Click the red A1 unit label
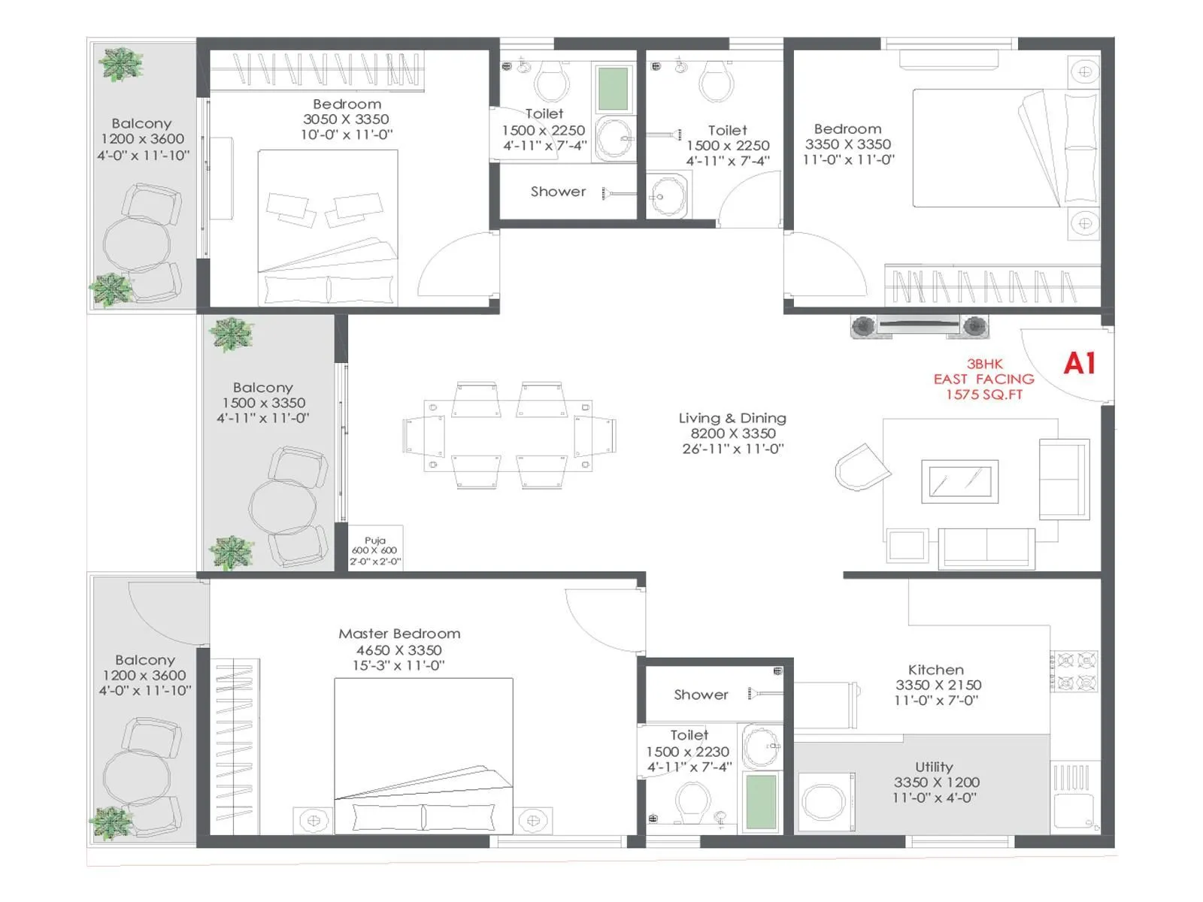click(1079, 364)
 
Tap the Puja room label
click(375, 540)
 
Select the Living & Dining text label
click(732, 418)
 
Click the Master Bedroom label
click(399, 634)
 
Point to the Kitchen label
click(935, 669)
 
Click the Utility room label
click(934, 767)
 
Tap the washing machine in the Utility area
click(826, 802)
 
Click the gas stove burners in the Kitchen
click(1076, 671)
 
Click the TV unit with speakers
click(920, 326)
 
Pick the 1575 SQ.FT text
click(983, 395)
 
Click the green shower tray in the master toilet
click(761, 801)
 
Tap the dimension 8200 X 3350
click(732, 434)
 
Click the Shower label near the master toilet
click(701, 695)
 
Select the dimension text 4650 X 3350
click(398, 650)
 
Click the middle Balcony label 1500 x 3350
click(263, 402)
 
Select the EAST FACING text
click(983, 379)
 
